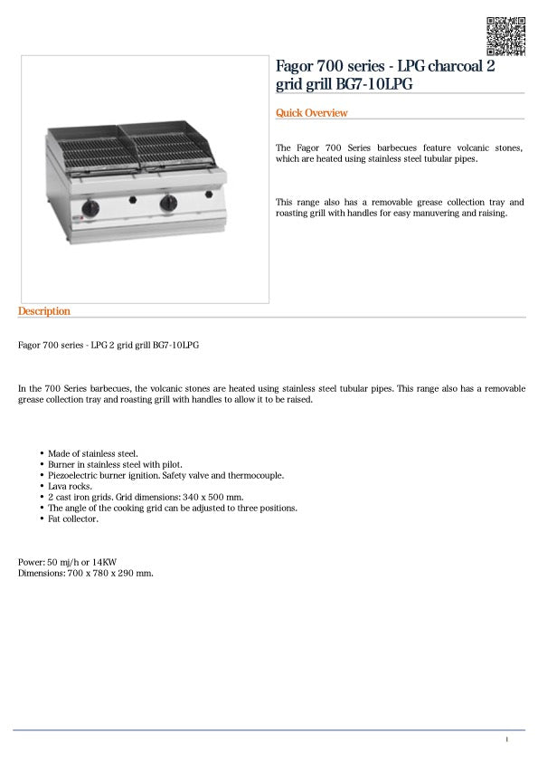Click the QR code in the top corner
coord(506,35)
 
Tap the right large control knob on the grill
coord(169,205)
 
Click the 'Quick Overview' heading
coord(311,113)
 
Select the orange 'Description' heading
coord(43,311)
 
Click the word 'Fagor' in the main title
coord(297,66)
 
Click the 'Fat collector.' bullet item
coord(73,519)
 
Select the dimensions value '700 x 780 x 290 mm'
coord(109,573)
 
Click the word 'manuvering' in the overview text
coord(435,214)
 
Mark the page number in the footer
coord(507,740)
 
